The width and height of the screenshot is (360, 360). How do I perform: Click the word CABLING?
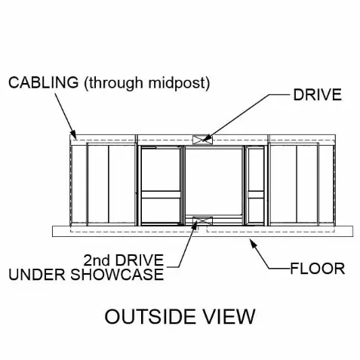44,82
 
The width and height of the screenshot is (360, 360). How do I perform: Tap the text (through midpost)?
147,84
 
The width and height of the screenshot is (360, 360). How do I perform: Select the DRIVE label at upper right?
318,95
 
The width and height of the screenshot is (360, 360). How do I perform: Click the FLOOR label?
318,269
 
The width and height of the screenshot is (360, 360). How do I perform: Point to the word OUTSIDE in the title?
150,316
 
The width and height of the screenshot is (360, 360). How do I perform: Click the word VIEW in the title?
229,316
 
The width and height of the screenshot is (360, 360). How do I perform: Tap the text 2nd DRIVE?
124,260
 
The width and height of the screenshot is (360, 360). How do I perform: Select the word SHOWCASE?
117,274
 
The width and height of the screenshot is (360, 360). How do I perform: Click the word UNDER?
37,274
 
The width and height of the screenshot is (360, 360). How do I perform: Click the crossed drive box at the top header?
202,140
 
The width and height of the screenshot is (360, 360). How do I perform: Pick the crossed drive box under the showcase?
202,221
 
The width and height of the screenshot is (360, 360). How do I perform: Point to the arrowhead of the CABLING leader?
73,134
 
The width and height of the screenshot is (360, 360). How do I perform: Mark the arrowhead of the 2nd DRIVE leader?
195,225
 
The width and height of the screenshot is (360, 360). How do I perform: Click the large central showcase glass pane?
214,181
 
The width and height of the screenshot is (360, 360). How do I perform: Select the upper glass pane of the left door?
161,170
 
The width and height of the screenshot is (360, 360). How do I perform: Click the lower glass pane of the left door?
161,210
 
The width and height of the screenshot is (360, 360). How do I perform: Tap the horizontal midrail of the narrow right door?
256,195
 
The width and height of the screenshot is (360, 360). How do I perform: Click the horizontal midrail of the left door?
161,195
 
